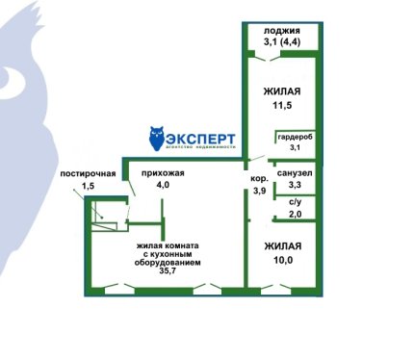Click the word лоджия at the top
click(x=282, y=31)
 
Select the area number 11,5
click(x=282, y=105)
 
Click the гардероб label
click(x=295, y=137)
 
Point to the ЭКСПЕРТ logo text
click(x=201, y=139)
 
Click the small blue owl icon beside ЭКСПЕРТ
click(x=157, y=139)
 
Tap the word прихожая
click(x=163, y=173)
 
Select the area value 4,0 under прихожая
click(x=163, y=185)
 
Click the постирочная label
click(x=88, y=174)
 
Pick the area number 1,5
click(x=88, y=186)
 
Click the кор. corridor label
click(x=259, y=179)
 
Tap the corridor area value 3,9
click(x=259, y=191)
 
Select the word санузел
click(x=295, y=173)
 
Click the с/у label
click(x=296, y=202)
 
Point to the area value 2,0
click(x=296, y=214)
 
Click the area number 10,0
click(x=283, y=260)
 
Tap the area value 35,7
click(x=168, y=270)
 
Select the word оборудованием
click(x=168, y=263)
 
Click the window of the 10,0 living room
click(x=275, y=291)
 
